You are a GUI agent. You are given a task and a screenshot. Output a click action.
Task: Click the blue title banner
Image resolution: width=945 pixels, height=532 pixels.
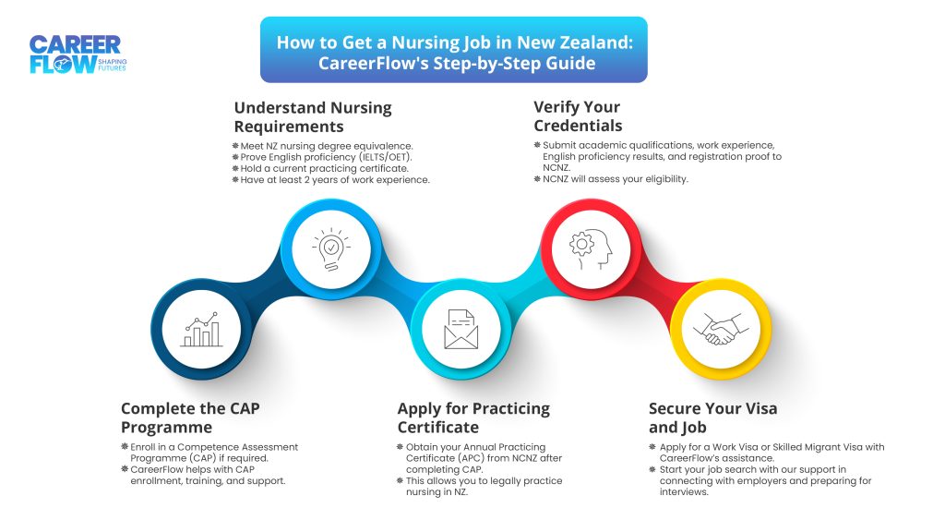click(x=453, y=50)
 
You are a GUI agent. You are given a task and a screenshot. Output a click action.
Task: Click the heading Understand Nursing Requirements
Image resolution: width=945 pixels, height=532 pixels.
click(x=312, y=116)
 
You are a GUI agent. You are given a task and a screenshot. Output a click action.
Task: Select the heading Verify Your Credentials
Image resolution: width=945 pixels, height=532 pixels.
click(x=578, y=116)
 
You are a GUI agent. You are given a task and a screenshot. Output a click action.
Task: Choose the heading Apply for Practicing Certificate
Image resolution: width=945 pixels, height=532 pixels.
click(x=473, y=417)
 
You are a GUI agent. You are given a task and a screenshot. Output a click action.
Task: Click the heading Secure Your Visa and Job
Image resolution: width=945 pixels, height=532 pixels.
click(x=712, y=417)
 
